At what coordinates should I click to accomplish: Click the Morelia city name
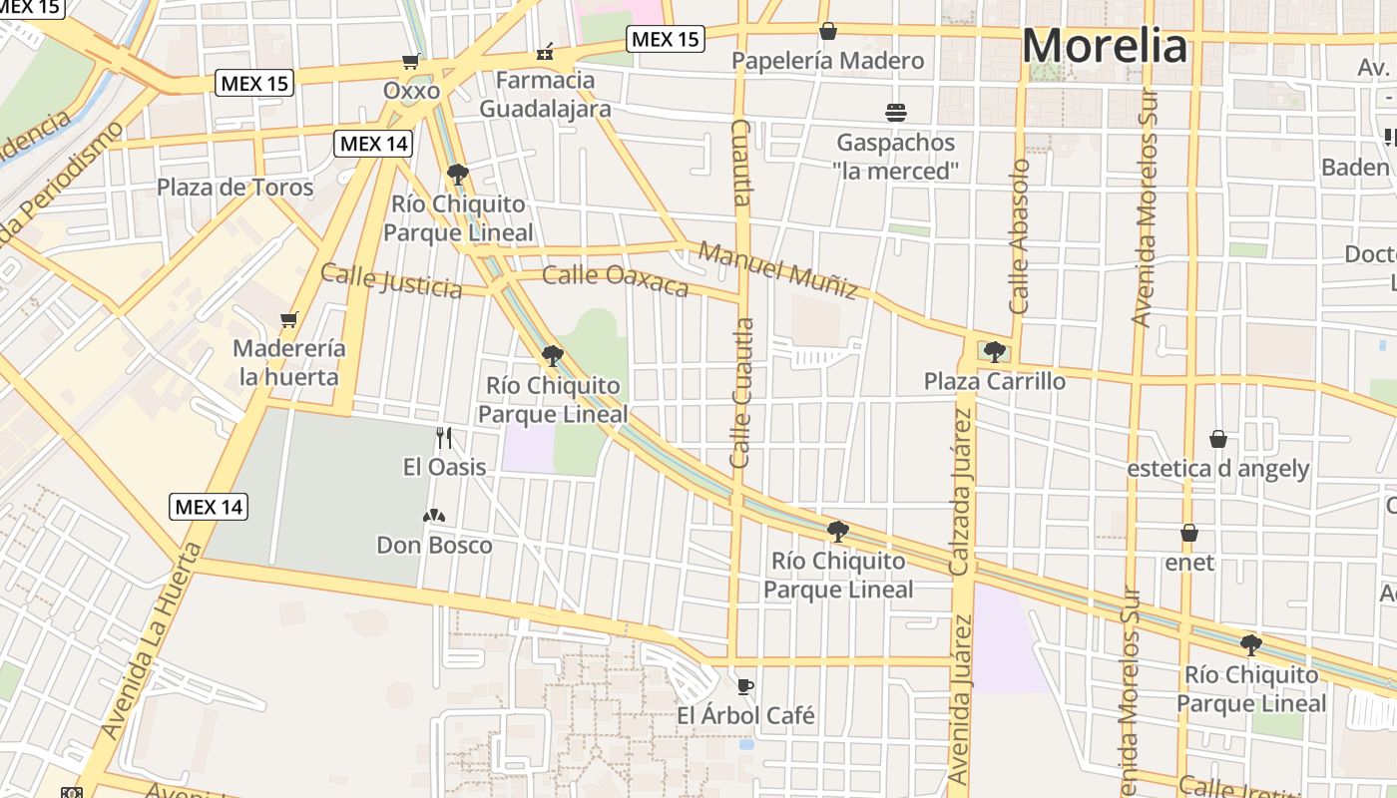tap(1105, 47)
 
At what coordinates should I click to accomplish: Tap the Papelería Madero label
tap(827, 61)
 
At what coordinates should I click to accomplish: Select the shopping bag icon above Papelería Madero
tap(827, 31)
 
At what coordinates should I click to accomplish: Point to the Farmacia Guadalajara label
tap(545, 94)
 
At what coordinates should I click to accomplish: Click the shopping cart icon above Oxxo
tap(410, 61)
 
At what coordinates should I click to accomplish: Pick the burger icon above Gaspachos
tap(895, 112)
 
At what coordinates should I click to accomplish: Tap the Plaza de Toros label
tap(234, 188)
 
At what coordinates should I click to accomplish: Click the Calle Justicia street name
tap(391, 280)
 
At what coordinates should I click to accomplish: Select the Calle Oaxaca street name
tap(616, 280)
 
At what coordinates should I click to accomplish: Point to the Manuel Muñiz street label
tap(777, 269)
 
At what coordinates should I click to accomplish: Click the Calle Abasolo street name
tap(1019, 236)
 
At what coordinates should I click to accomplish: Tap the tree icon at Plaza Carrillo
tap(994, 351)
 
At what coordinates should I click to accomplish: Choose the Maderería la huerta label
tap(289, 363)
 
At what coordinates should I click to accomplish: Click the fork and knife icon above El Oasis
tap(444, 437)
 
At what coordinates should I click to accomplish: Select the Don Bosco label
tap(434, 545)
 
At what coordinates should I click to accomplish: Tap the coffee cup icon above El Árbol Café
tap(744, 686)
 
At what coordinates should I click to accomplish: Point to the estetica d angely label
tap(1217, 469)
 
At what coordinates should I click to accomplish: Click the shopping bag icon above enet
tap(1189, 533)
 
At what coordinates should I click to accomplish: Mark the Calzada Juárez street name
tap(961, 494)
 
